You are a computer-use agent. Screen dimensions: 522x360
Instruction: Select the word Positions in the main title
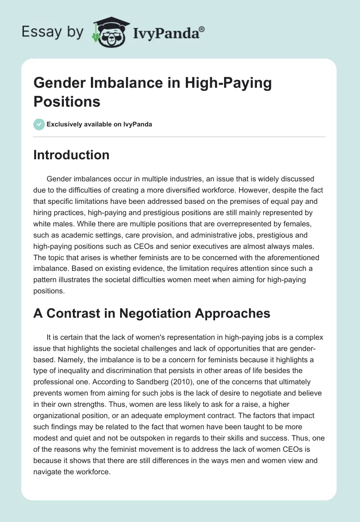67,101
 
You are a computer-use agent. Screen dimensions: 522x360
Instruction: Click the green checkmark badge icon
39,124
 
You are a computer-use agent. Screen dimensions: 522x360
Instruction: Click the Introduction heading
71,155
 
